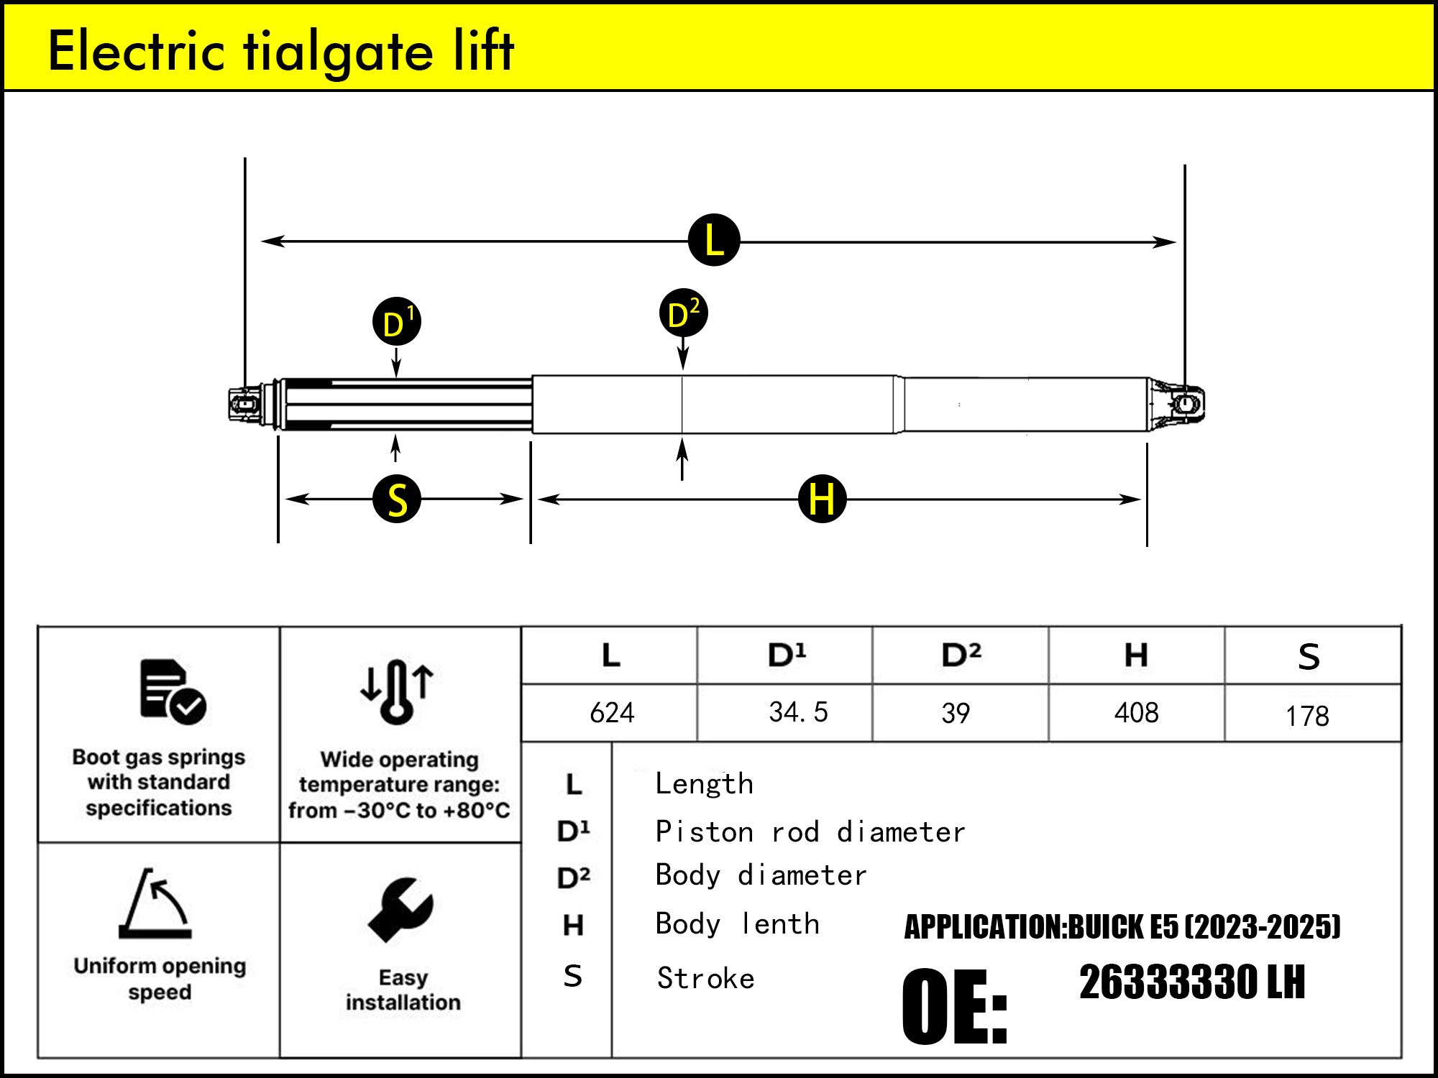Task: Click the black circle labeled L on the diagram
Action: coord(714,240)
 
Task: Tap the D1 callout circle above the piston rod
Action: coord(397,321)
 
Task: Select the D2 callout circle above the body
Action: coord(684,313)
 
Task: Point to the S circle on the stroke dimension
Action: coord(397,498)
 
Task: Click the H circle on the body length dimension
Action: coord(823,498)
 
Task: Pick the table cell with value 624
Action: coord(612,713)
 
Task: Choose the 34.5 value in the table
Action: coord(798,712)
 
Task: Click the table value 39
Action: coord(956,713)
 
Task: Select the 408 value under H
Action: coord(1136,713)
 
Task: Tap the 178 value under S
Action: coord(1307,716)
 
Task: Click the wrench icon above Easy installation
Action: coord(400,910)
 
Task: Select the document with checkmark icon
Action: coord(173,691)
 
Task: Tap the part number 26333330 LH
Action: coord(1192,982)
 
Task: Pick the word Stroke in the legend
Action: coord(705,978)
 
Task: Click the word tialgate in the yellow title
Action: coord(339,52)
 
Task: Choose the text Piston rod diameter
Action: coord(810,831)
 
